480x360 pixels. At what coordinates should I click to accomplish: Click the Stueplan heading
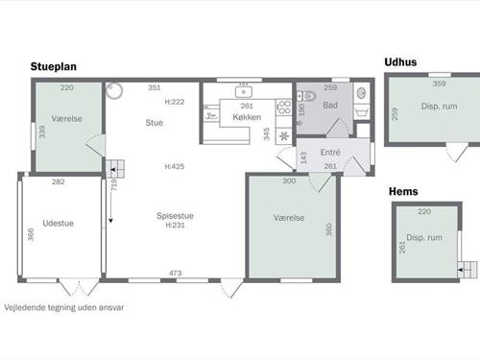click(54, 67)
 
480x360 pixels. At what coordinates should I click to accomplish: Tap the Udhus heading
click(400, 62)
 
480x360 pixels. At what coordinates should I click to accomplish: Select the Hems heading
click(403, 191)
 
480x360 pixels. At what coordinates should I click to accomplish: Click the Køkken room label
click(247, 117)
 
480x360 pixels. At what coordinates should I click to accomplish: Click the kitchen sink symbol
click(244, 92)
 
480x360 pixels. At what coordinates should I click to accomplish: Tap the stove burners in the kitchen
click(284, 108)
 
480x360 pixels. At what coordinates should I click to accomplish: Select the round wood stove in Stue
click(114, 90)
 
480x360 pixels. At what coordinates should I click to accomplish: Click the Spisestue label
click(175, 216)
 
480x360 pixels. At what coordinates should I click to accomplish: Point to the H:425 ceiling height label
click(175, 166)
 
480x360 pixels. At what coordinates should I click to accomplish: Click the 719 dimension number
click(114, 185)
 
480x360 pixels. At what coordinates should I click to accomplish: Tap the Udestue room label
click(59, 224)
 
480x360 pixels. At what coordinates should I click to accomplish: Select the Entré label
click(330, 152)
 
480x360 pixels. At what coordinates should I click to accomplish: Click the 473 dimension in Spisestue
click(176, 273)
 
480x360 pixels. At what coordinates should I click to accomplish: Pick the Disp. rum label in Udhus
click(439, 107)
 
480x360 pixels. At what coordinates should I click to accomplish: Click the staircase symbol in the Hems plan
click(467, 270)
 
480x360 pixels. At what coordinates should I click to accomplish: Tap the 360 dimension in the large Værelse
click(328, 229)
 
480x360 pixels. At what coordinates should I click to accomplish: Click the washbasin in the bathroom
click(361, 93)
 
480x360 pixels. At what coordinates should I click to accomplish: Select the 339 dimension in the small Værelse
click(42, 132)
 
